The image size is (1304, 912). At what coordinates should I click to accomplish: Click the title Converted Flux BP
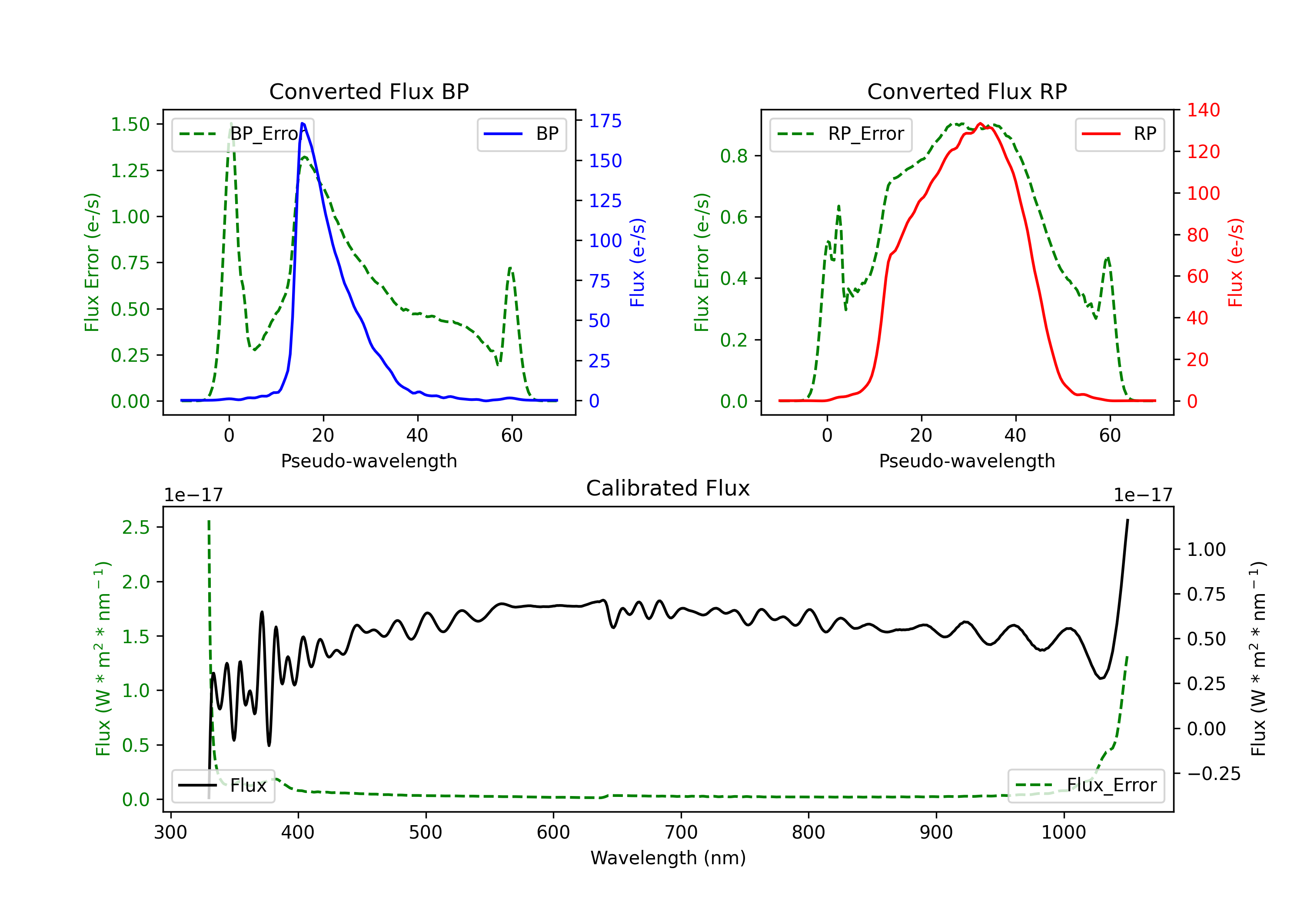click(x=369, y=91)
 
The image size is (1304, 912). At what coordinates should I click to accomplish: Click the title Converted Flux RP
click(x=967, y=91)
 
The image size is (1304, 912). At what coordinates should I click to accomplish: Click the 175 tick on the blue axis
click(x=605, y=121)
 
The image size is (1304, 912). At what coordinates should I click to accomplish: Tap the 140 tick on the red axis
click(x=1203, y=110)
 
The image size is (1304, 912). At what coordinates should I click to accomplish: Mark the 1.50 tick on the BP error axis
click(x=130, y=124)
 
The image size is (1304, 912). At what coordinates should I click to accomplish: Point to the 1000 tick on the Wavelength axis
click(x=1063, y=833)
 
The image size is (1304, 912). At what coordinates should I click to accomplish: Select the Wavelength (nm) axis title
click(x=668, y=858)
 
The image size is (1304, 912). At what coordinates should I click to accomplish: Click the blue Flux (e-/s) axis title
click(x=637, y=263)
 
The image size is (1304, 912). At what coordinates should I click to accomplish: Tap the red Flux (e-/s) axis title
click(x=1235, y=263)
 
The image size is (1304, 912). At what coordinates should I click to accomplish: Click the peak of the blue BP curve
click(x=302, y=123)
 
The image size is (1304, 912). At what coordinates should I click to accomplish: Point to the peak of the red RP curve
click(x=980, y=123)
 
